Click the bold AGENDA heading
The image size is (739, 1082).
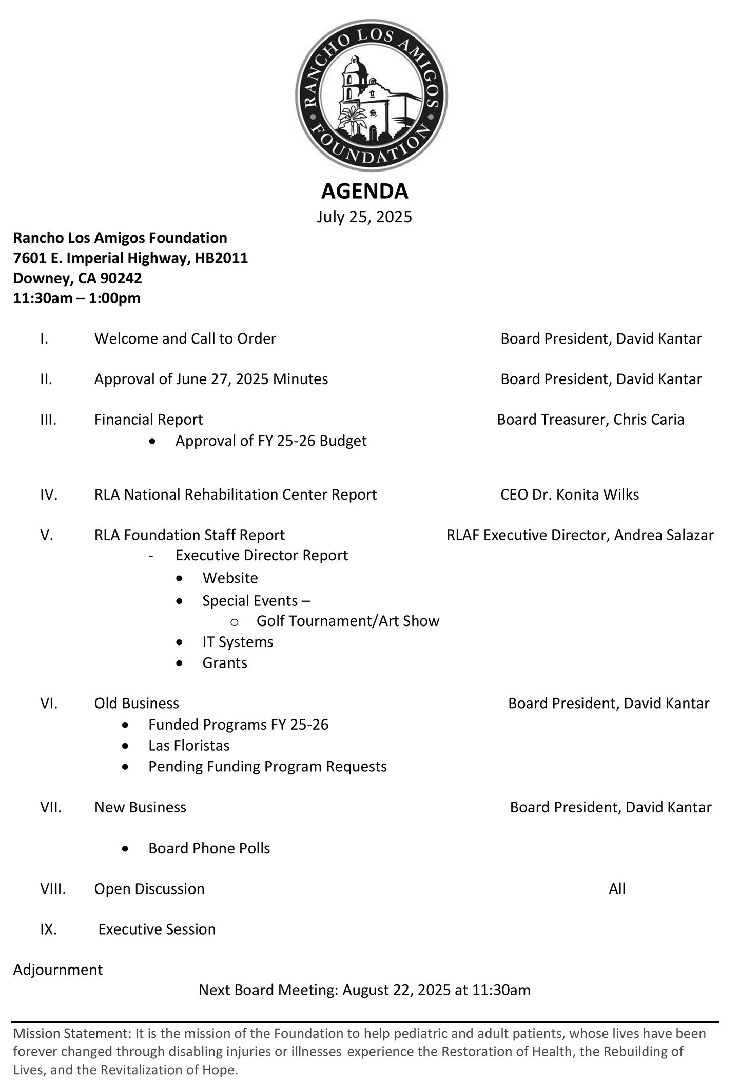point(364,191)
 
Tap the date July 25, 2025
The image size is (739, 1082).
point(364,217)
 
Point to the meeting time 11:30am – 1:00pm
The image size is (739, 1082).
point(76,298)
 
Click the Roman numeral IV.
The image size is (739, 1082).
point(49,495)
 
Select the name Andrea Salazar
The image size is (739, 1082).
point(664,535)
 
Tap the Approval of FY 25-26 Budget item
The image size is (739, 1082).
point(270,441)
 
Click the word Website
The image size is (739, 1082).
point(230,578)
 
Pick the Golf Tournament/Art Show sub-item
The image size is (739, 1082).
point(347,621)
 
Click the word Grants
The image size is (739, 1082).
point(225,662)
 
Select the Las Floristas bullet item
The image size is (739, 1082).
point(189,745)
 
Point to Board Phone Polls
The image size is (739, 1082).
point(209,848)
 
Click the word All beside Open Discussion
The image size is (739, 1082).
point(617,889)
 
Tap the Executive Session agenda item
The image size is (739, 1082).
point(157,929)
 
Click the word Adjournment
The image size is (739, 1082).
point(57,970)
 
